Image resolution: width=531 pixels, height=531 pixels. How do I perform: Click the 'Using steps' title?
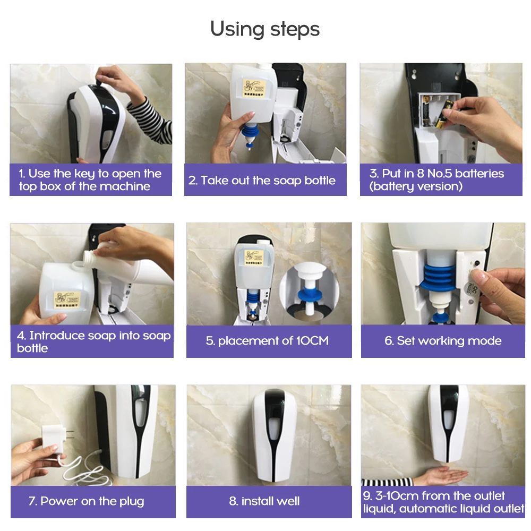click(x=265, y=29)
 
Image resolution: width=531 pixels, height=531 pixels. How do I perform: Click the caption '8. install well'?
click(x=264, y=501)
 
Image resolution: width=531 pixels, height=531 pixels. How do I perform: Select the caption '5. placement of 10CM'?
click(x=267, y=341)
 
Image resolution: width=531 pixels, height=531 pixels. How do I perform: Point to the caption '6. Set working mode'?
click(x=443, y=341)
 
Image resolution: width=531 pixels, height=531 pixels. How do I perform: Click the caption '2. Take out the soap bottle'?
click(x=262, y=181)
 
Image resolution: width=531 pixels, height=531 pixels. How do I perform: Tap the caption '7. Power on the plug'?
click(x=87, y=501)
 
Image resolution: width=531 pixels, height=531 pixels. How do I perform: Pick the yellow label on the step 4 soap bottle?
click(x=67, y=300)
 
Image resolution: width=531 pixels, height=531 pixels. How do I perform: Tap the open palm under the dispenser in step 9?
click(x=441, y=474)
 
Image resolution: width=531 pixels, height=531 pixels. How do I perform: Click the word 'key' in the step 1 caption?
click(x=84, y=174)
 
